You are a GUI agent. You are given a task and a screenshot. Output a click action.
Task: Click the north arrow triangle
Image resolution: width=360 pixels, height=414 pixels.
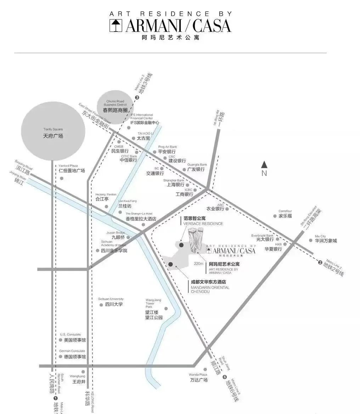[264, 164]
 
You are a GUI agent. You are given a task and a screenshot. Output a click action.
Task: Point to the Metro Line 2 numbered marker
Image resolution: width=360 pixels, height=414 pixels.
[320, 263]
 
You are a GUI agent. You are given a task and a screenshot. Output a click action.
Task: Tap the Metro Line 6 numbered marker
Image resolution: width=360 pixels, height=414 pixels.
[224, 377]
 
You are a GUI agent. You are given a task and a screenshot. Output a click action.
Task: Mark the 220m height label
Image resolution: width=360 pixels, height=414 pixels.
[199, 264]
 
